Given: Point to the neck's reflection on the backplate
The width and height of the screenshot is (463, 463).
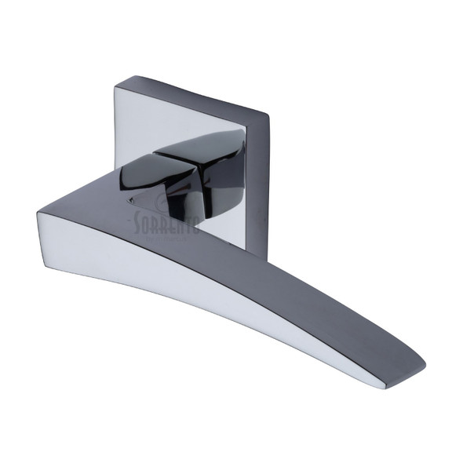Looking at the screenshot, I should pos(228,212).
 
